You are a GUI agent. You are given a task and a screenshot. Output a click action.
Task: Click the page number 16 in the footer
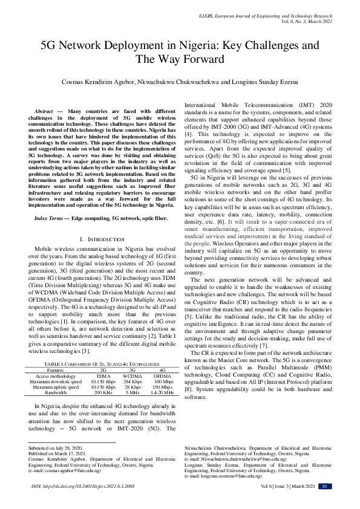[x=325, y=486]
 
